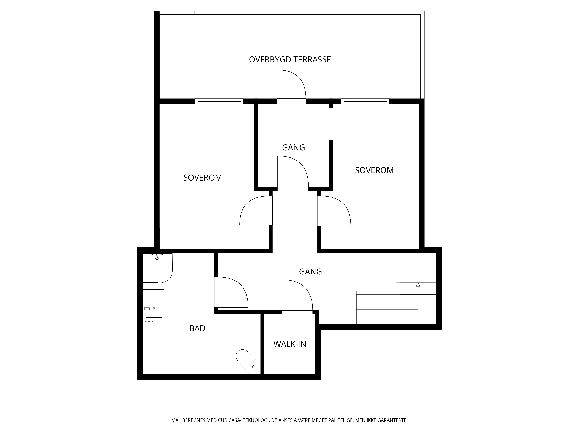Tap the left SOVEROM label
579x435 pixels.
pyautogui.click(x=203, y=178)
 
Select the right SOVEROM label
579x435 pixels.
pyautogui.click(x=374, y=170)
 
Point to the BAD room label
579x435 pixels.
pyautogui.click(x=197, y=328)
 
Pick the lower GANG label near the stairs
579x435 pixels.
pyautogui.click(x=310, y=272)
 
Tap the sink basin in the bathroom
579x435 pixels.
pyautogui.click(x=154, y=309)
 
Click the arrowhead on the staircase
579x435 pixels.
pyautogui.click(x=418, y=285)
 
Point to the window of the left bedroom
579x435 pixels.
pyautogui.click(x=219, y=101)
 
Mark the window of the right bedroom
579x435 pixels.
pyautogui.click(x=365, y=101)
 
